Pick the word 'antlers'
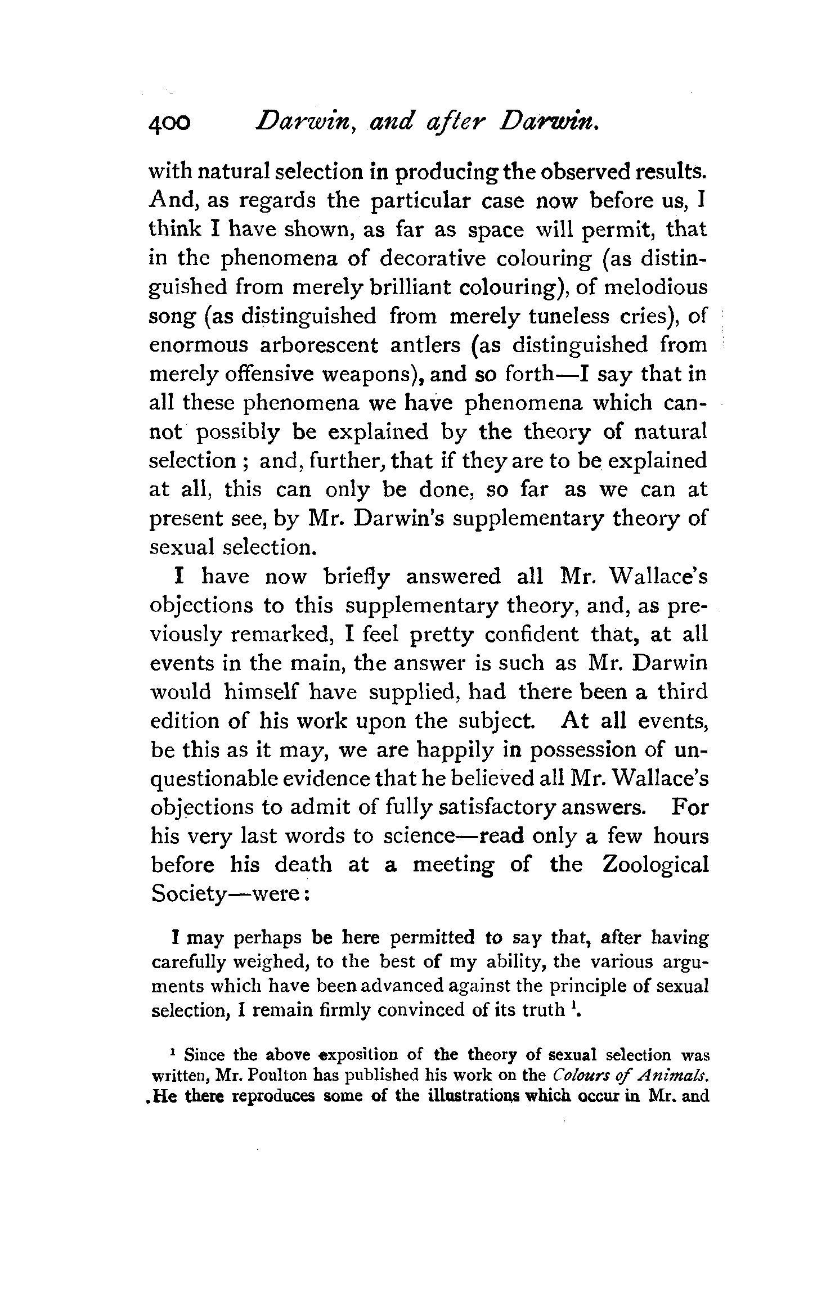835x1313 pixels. pyautogui.click(x=425, y=345)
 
